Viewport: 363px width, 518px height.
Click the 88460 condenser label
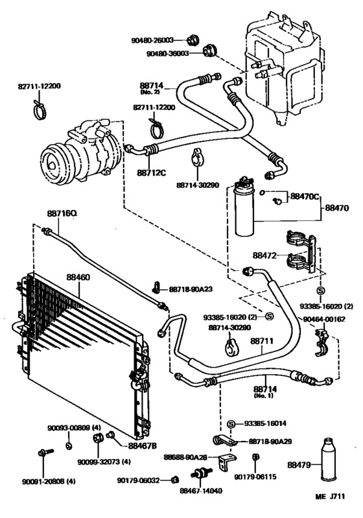[78, 277]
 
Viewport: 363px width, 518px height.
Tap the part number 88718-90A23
[193, 289]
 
